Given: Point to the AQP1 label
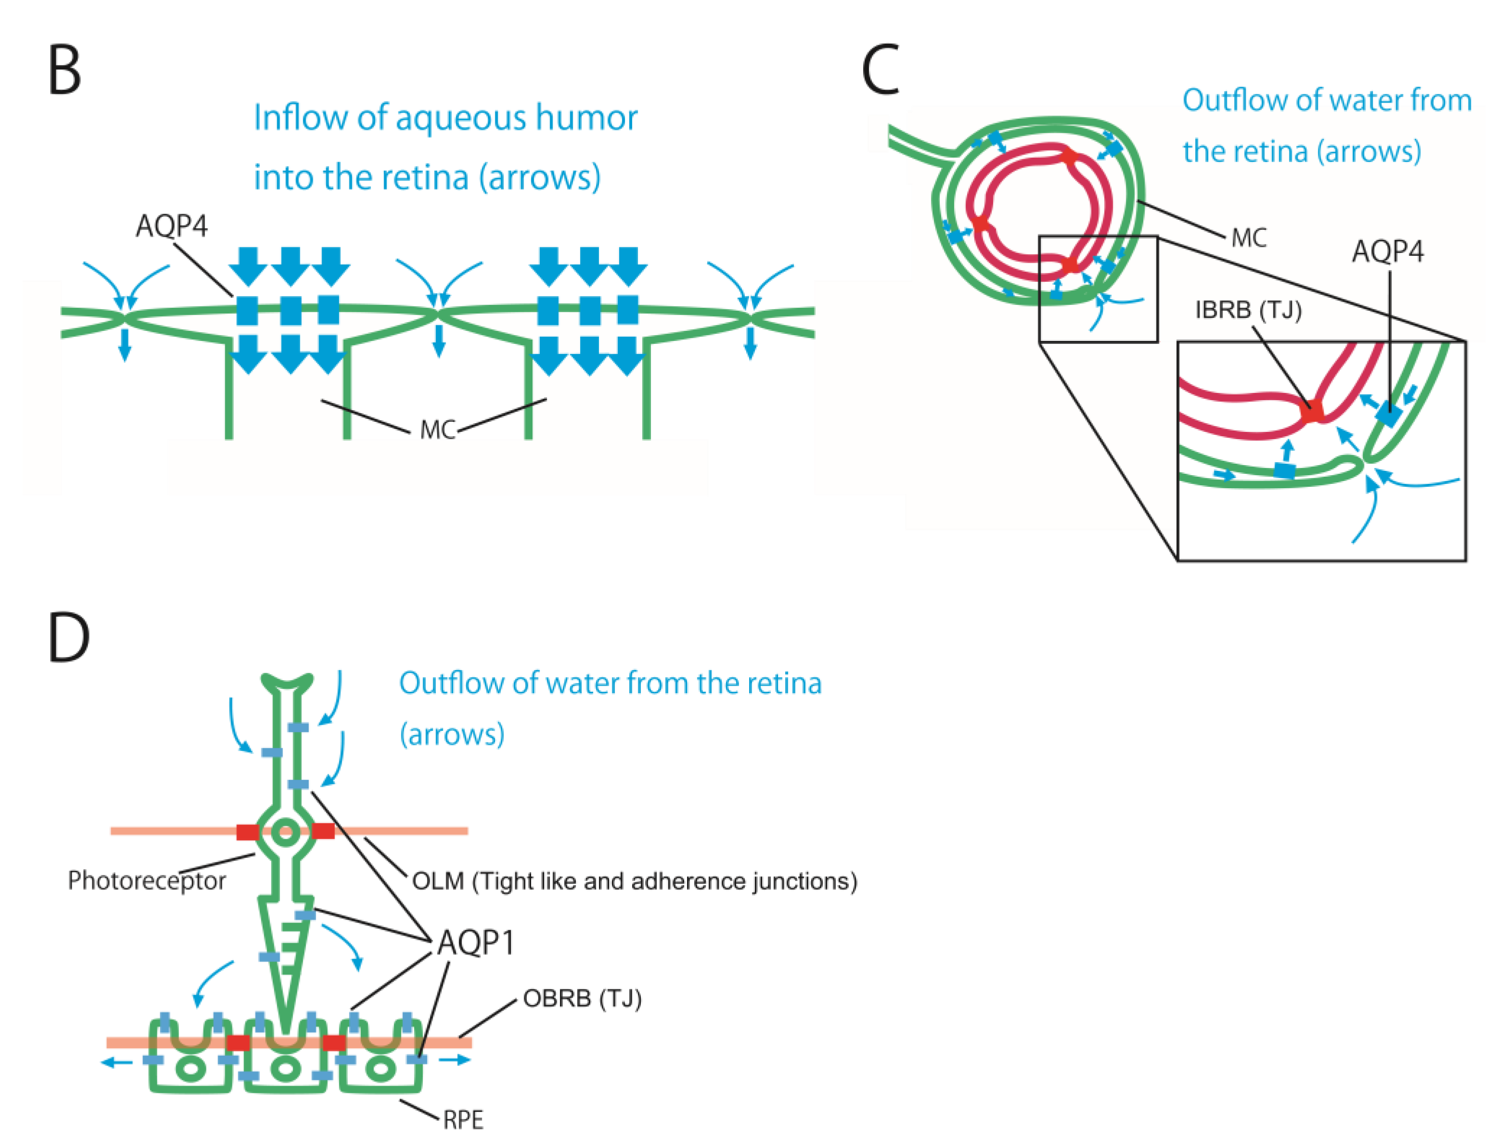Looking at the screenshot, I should click(476, 942).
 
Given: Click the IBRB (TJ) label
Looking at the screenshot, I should click(1248, 311).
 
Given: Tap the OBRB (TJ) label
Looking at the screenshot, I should click(582, 999).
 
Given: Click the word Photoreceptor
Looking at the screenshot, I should click(146, 881).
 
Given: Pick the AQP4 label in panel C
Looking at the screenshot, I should click(1387, 252).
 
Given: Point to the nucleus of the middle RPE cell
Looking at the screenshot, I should click(285, 1069).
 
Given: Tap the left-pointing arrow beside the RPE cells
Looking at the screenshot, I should click(116, 1062).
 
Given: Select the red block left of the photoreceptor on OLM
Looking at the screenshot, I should click(247, 832).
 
